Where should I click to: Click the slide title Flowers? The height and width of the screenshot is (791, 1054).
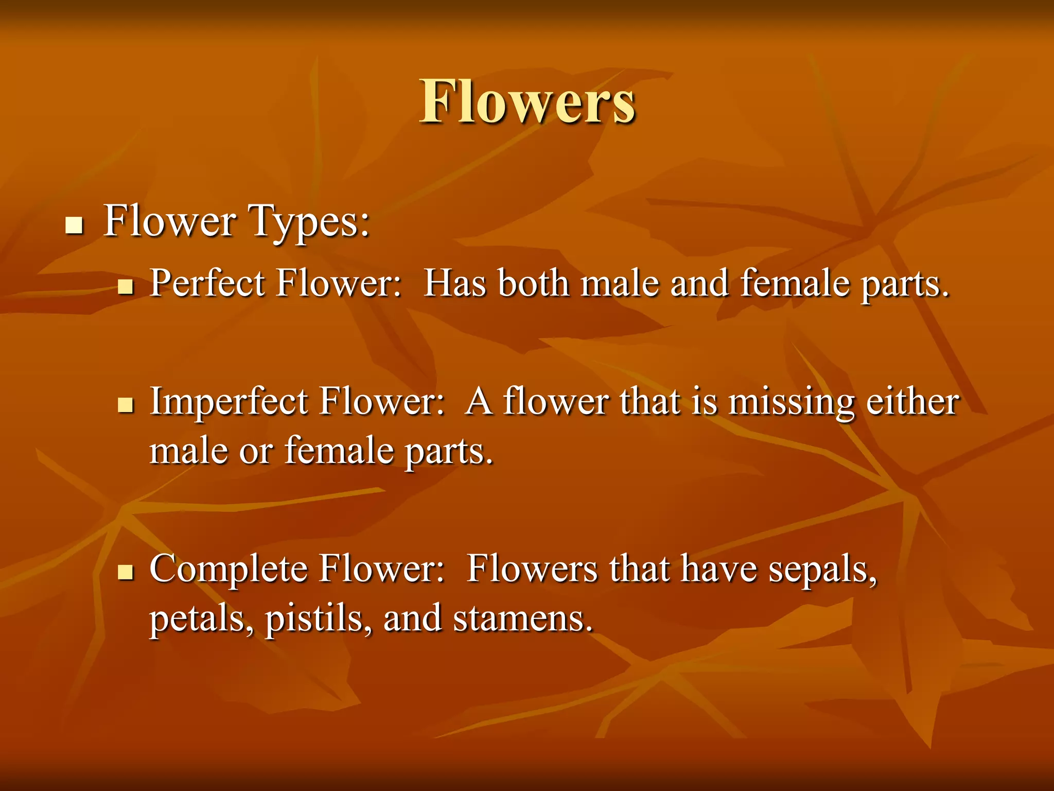[528, 102]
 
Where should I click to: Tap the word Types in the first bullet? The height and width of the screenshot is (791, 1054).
[309, 221]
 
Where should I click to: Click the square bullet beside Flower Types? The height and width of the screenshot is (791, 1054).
[75, 225]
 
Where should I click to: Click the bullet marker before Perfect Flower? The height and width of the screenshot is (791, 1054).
[126, 286]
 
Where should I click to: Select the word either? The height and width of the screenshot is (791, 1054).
[912, 402]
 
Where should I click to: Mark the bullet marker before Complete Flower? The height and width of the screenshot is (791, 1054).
[126, 572]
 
